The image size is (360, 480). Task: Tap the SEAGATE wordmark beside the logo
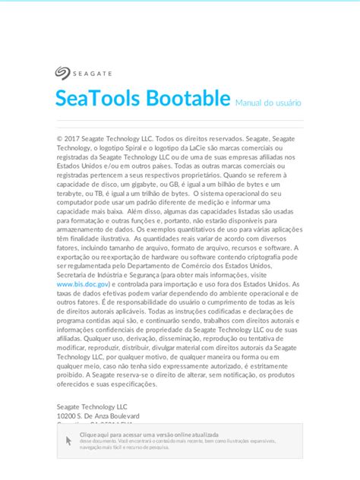pyautogui.click(x=93, y=74)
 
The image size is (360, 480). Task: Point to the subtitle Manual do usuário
pyautogui.click(x=268, y=102)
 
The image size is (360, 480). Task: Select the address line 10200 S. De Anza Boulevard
pyautogui.click(x=98, y=416)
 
